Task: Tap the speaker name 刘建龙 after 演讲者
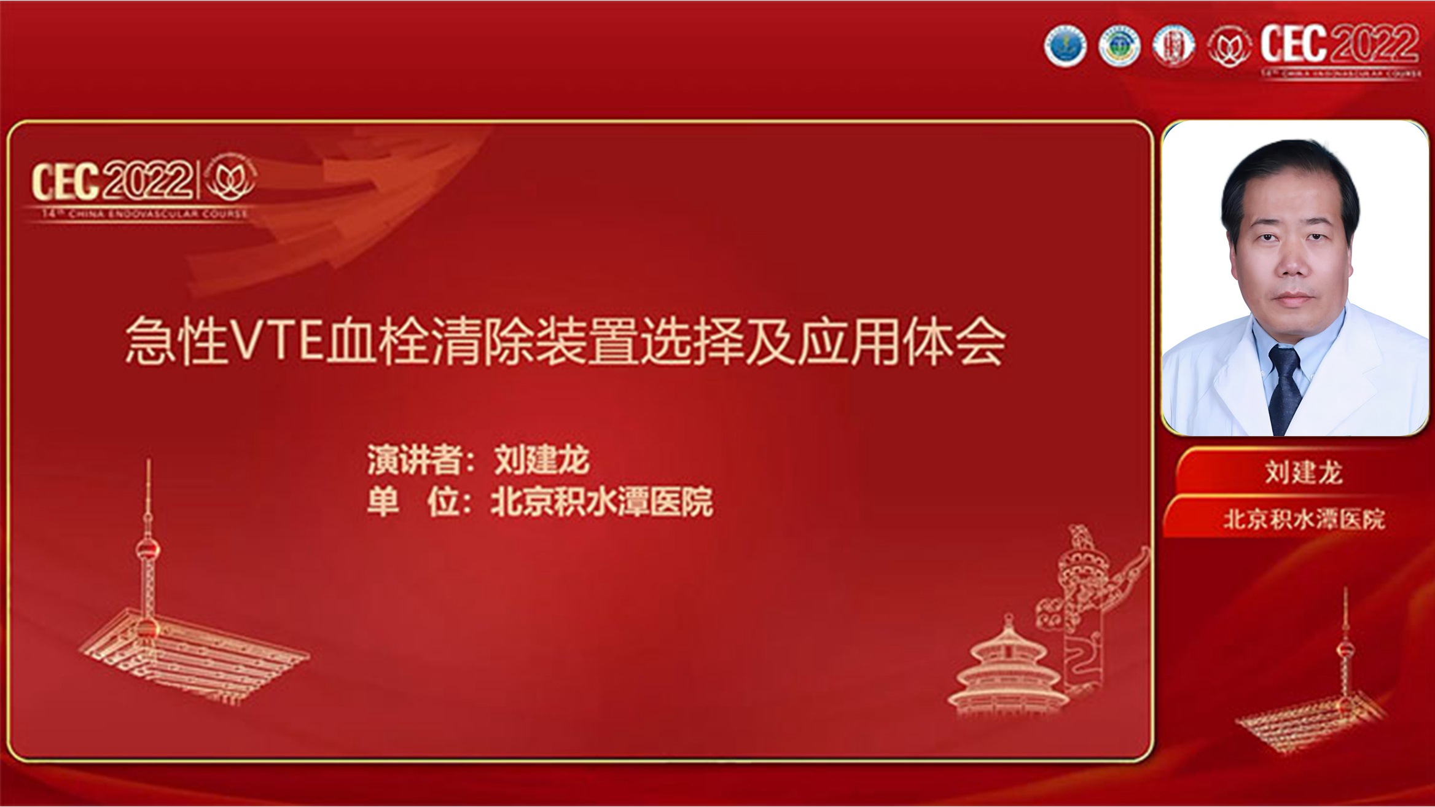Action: pos(542,459)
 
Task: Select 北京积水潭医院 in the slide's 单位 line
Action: pos(602,502)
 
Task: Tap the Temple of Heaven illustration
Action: pos(1007,669)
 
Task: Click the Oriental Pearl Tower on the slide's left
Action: pos(147,553)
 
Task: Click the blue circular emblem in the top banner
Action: pos(1065,45)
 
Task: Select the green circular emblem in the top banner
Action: pos(1119,45)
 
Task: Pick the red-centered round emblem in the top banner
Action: pos(1173,45)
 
